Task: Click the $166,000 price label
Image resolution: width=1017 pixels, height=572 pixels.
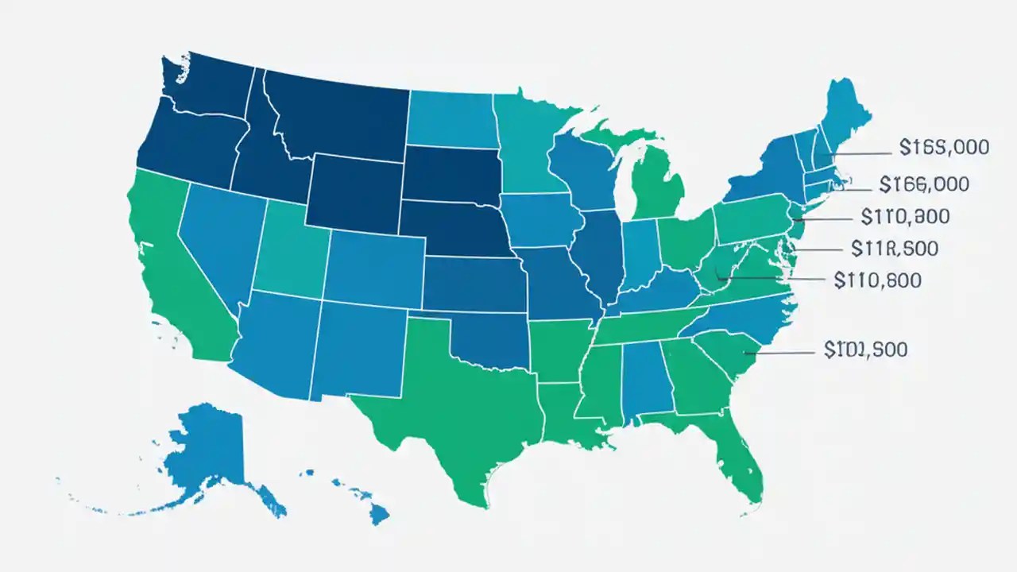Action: click(x=924, y=184)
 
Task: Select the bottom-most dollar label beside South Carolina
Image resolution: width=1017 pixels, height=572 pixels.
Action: click(x=865, y=350)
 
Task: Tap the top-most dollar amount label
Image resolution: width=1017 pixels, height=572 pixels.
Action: click(x=944, y=147)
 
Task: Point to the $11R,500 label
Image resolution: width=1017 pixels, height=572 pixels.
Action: click(x=894, y=249)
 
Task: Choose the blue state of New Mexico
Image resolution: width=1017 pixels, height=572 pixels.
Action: click(x=358, y=350)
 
